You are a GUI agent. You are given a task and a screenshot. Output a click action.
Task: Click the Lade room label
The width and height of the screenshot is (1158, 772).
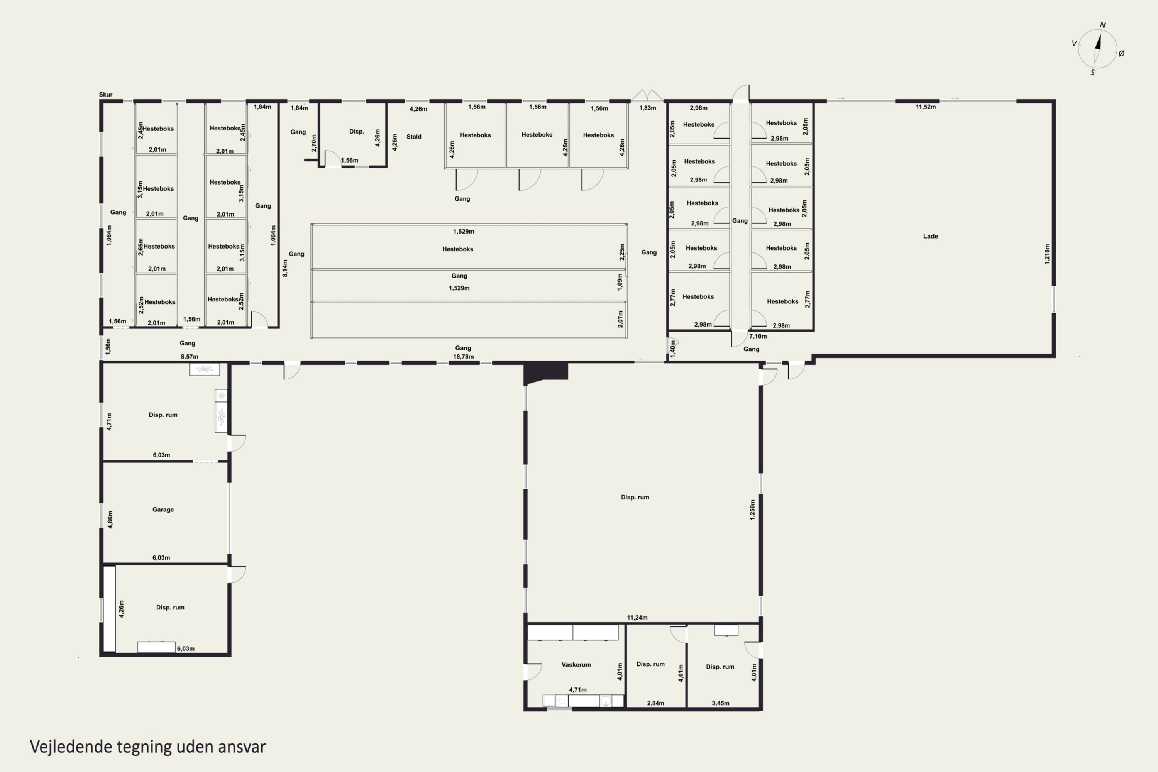[x=930, y=236]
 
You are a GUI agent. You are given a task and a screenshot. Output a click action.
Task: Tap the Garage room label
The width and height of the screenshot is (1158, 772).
[x=163, y=510]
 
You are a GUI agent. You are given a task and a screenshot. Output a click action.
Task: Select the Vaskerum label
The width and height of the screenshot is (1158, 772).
[x=576, y=665]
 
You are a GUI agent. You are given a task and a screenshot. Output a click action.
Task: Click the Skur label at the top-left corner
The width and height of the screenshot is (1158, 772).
[x=106, y=95]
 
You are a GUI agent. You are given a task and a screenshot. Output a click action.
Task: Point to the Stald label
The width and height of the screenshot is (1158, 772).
[x=413, y=137]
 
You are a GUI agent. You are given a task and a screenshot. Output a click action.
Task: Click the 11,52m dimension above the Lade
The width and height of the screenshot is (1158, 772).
[x=926, y=107]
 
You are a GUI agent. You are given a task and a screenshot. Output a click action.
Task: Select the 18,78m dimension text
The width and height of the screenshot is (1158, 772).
[x=463, y=356]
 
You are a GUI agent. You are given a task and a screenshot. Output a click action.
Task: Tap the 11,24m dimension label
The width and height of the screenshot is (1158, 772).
[x=637, y=617]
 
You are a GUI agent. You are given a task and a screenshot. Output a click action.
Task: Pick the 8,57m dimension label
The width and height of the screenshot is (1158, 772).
[x=190, y=356]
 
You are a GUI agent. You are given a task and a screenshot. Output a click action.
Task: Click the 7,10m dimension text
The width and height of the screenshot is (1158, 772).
[x=758, y=336]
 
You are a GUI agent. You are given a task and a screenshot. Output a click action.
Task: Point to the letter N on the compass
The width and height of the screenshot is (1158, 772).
[x=1103, y=25]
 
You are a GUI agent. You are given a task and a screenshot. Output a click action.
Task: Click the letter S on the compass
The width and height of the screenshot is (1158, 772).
[x=1092, y=73]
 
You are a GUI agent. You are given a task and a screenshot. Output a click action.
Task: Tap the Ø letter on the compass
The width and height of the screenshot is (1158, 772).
[x=1122, y=53]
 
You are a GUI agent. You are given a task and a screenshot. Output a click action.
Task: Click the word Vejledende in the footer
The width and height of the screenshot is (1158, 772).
[x=71, y=747]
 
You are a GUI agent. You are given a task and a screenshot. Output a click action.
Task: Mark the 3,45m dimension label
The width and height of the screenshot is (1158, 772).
[x=720, y=703]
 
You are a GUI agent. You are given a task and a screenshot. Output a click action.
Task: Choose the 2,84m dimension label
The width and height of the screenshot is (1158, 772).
[x=655, y=703]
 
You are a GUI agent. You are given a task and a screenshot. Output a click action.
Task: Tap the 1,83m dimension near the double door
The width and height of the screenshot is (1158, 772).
[x=647, y=108]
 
